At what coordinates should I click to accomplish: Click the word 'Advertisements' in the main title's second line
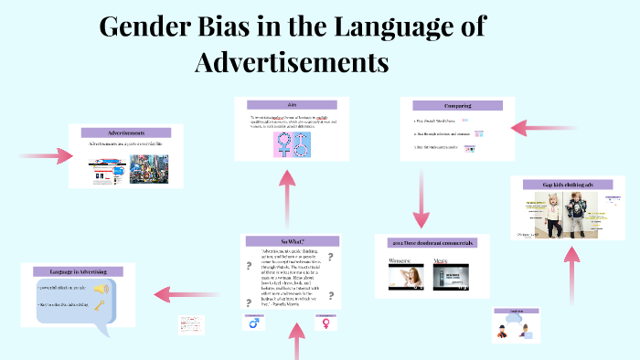(292, 63)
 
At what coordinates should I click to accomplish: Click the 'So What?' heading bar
(291, 240)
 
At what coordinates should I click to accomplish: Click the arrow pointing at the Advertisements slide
(46, 155)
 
